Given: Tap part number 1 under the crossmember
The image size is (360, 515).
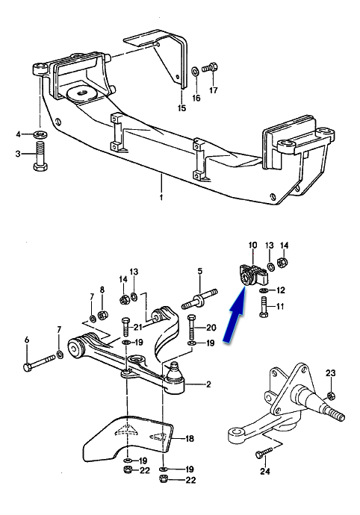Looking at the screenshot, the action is coord(161,197).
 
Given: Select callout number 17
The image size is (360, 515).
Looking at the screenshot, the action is coord(214,90).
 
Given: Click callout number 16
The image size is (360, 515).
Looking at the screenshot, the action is coord(196,98).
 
